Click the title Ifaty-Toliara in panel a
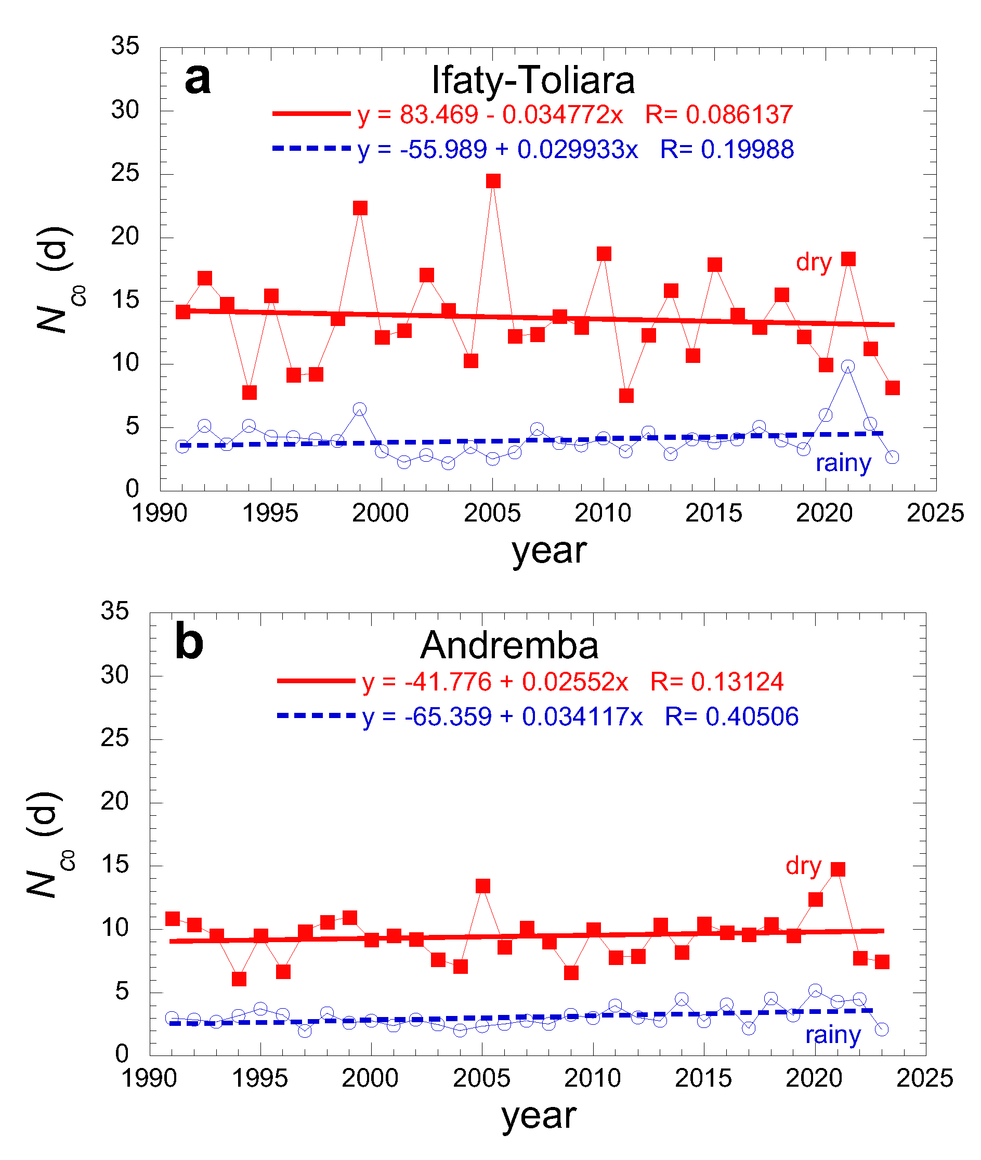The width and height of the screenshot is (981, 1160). pos(533,80)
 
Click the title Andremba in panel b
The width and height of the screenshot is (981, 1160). pos(509,646)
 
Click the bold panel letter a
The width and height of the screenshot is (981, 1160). pos(198,79)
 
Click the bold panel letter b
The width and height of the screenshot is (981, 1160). pos(189,642)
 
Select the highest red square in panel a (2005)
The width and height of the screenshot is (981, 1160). pos(493,181)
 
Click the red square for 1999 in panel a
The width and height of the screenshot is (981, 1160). pos(360,208)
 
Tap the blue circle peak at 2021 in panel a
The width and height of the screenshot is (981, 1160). pos(847,367)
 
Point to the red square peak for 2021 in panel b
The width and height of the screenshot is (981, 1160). pos(838,869)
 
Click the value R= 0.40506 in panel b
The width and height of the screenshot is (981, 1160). pos(731,717)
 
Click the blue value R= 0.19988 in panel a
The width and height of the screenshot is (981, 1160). pos(727,150)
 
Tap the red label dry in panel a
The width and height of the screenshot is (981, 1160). pos(814,262)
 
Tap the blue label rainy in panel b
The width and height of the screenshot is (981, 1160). pos(833,1034)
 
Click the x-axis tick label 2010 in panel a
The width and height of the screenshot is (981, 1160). pos(603,513)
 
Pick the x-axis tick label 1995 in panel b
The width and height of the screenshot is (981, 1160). pos(260,1078)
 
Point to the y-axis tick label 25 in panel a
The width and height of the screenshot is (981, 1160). pos(125,174)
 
